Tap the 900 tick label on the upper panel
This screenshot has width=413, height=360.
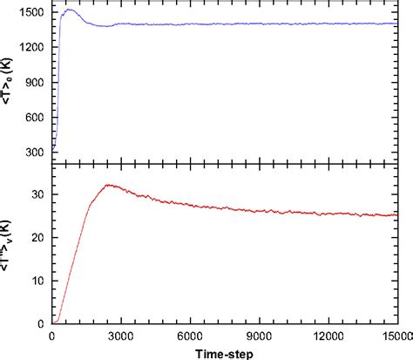pos(38,83)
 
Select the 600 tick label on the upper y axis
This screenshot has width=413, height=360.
pos(38,118)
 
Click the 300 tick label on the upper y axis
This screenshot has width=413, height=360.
pos(38,152)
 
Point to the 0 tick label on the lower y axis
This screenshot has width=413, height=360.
pos(44,323)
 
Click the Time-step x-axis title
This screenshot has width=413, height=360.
pos(225,351)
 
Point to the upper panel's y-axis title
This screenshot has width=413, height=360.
pos(10,82)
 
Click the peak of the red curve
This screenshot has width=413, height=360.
pos(108,185)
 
